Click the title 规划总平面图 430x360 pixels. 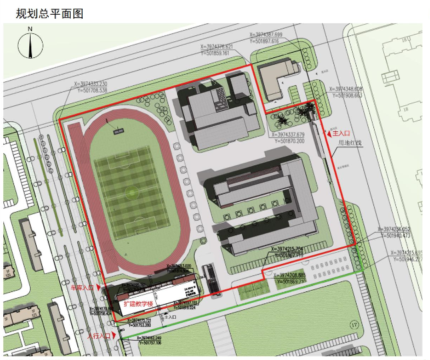(45, 13)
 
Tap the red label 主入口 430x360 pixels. (343, 133)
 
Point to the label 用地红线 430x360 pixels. (350, 143)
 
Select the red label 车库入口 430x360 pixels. (83, 288)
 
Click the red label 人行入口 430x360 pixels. (98, 336)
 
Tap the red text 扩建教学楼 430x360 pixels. (139, 304)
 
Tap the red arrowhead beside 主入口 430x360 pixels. (327, 134)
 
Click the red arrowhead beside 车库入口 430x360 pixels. (99, 288)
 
